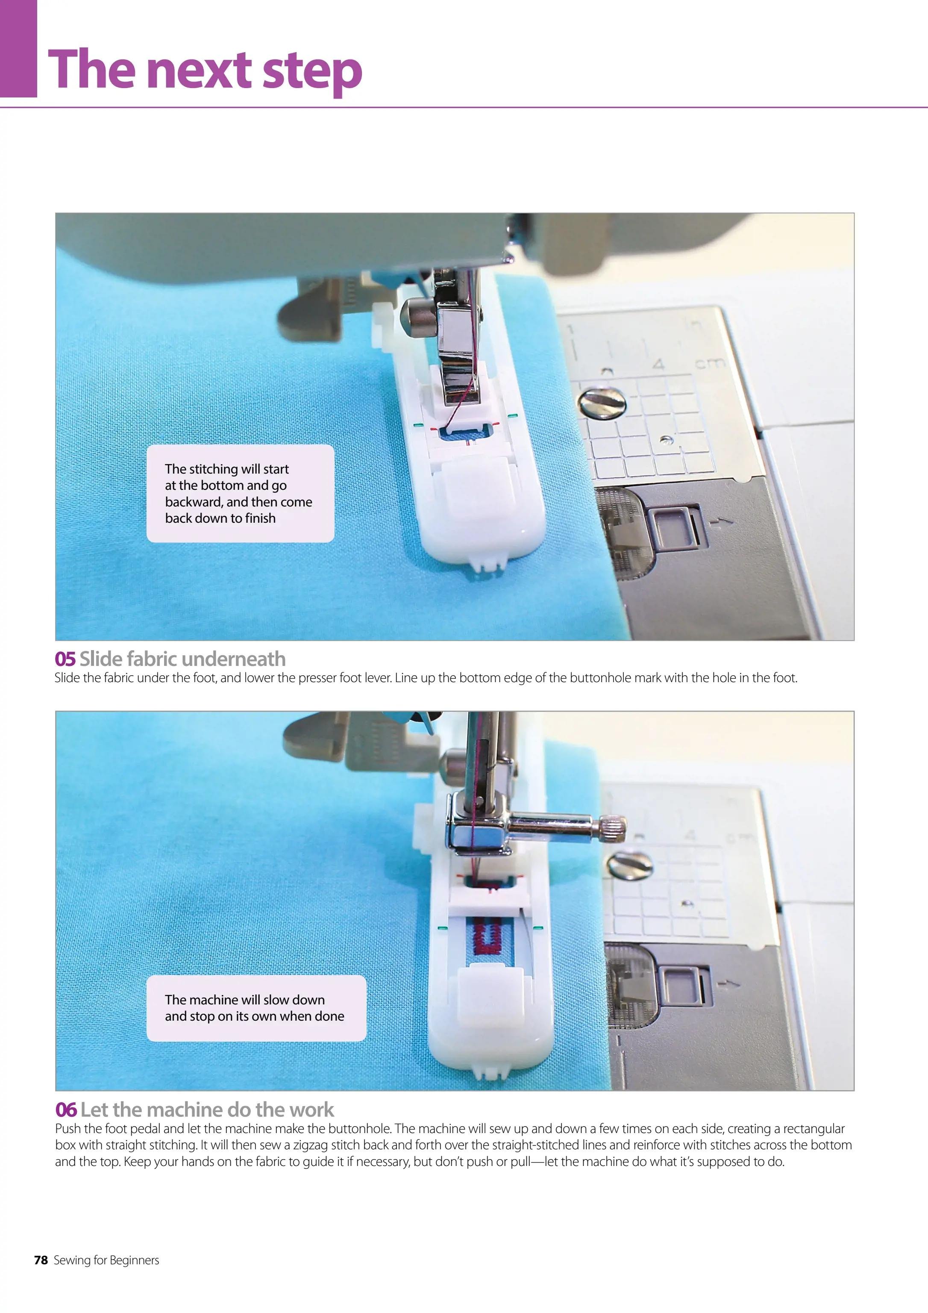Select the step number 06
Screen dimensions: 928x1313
(x=66, y=1110)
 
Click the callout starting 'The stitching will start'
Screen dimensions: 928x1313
(x=240, y=494)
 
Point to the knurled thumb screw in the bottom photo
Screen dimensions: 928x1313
(x=611, y=825)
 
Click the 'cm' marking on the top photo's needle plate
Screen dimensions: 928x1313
(x=710, y=363)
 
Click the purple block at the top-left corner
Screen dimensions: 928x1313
(x=18, y=49)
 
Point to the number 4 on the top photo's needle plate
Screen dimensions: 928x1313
(x=659, y=364)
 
